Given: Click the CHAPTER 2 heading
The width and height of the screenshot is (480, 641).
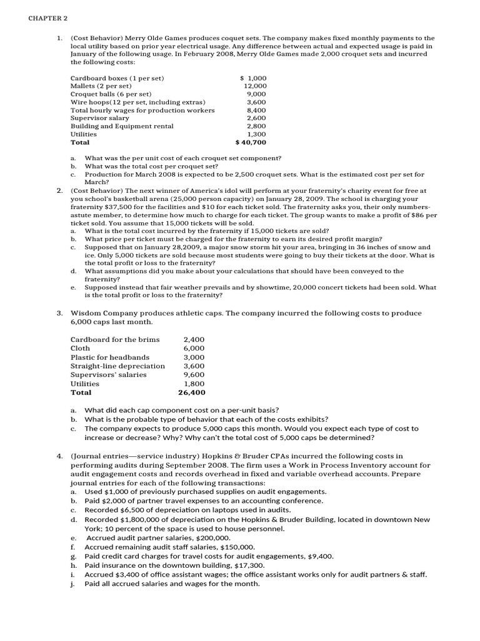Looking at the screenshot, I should coord(47,18).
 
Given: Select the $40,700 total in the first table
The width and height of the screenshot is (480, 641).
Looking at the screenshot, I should coord(251,143).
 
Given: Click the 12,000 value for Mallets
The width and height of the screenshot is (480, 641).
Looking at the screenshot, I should coord(255,86).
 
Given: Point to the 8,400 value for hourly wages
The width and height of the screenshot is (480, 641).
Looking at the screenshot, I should coord(256,110).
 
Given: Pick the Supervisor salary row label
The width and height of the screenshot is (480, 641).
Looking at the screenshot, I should coord(100,118).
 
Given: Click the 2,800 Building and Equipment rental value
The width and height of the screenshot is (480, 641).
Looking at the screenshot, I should coord(256,126).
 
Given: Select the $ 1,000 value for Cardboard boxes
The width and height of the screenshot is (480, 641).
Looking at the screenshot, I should coord(253,78).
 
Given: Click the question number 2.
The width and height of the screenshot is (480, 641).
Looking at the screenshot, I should coord(59,190).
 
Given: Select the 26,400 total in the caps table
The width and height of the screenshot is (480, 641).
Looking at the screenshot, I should coord(191,393).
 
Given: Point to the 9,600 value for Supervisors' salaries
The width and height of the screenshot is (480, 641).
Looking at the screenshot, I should coord(194,375).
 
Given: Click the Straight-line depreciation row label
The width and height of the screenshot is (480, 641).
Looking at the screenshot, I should coord(118,366).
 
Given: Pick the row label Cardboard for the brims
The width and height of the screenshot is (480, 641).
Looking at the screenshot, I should coord(115,340).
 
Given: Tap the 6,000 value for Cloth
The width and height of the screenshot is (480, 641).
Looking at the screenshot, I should coord(194,349).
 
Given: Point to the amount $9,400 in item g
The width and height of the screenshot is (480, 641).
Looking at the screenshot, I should coord(321,556).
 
